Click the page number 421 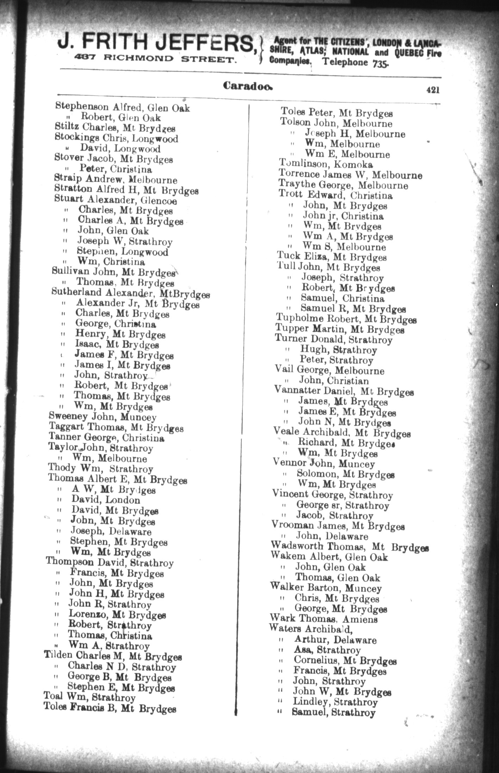pos(432,90)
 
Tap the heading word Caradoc pos(247,86)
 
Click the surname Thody pos(62,468)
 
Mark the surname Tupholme pos(300,319)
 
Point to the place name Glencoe pos(159,201)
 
